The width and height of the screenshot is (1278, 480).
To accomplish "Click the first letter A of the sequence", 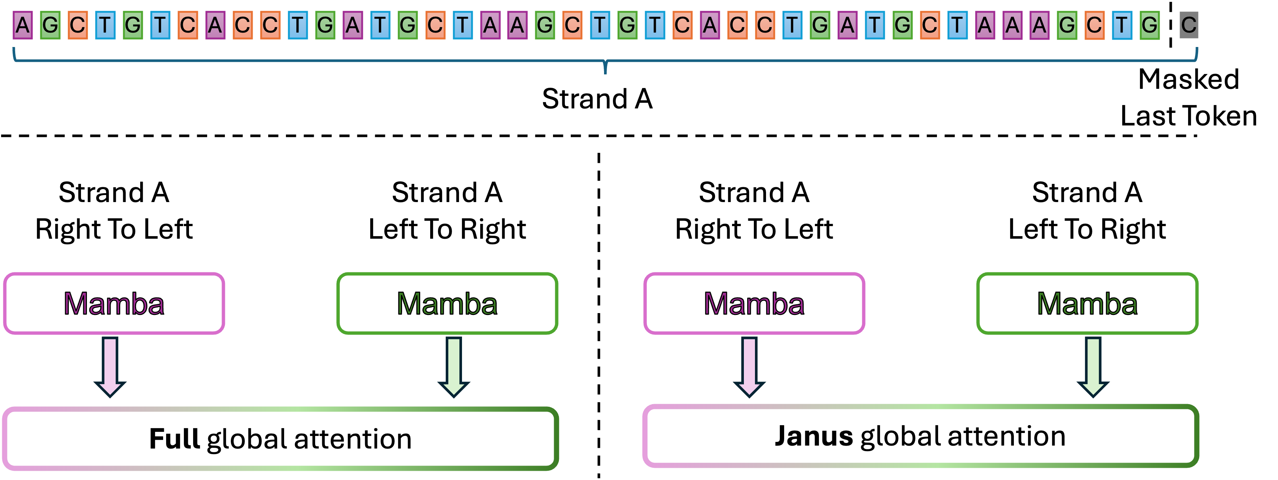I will (x=22, y=25).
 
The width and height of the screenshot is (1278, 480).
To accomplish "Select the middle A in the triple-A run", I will (x=1012, y=25).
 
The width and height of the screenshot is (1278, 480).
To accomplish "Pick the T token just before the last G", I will (x=1122, y=25).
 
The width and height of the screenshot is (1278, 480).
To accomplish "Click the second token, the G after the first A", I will (x=50, y=25).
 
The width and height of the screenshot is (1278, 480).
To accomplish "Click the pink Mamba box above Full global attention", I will (x=114, y=303).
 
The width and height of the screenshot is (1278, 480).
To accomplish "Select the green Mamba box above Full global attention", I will (x=447, y=303).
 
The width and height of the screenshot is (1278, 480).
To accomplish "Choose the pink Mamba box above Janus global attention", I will (x=754, y=303).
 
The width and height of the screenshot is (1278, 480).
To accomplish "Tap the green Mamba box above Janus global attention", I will (x=1087, y=303).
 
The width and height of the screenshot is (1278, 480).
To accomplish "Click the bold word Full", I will (x=174, y=439).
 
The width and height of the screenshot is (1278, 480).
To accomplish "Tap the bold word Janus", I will (x=814, y=436).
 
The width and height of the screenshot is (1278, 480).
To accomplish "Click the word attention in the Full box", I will (x=353, y=439).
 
